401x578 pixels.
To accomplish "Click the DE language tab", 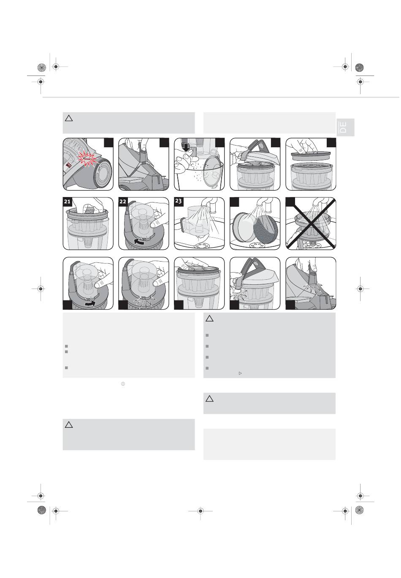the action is point(345,127).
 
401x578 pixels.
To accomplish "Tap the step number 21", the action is point(68,202).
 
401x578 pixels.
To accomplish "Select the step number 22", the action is point(123,202).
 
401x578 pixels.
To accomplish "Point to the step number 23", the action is point(179,202).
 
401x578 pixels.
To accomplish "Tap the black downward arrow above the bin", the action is point(186,147).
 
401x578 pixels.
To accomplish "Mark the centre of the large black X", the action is point(311,224).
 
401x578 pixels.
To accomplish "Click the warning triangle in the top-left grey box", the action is point(69,119).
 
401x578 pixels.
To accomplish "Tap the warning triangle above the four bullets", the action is point(209,319).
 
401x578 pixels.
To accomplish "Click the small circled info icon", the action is point(123,384).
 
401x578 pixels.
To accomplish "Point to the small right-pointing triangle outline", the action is point(240,373).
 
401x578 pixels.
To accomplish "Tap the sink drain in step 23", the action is point(199,246).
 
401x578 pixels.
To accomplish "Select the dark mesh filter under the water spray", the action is point(266,228).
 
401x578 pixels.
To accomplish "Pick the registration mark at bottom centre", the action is point(200,510).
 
